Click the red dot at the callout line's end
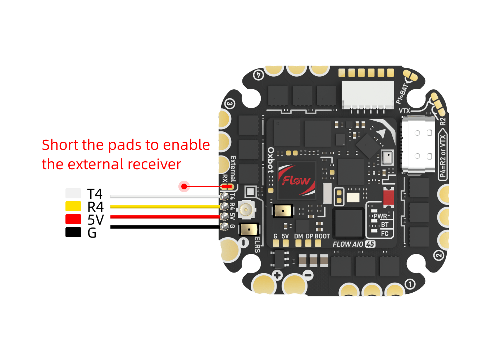(184, 186)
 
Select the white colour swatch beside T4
(73, 193)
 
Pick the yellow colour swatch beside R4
(73, 206)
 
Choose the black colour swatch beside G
(73, 232)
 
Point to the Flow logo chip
(296, 180)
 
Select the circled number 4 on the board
(258, 75)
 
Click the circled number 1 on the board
(410, 284)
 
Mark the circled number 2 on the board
(438, 256)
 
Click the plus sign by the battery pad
(277, 276)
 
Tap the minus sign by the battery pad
(308, 275)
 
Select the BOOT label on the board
(322, 237)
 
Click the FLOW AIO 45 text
(354, 244)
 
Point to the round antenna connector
(246, 209)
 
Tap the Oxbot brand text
(271, 160)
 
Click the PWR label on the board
(380, 216)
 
